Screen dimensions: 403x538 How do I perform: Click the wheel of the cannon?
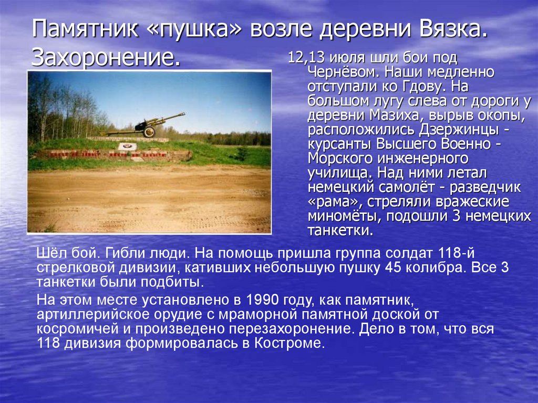[149, 131]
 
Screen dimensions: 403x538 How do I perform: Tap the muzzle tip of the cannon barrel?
[183, 113]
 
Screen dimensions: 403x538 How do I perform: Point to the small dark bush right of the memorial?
[242, 154]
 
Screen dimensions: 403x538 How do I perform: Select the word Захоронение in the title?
[105, 57]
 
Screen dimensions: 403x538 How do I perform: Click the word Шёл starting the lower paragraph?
[48, 253]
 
